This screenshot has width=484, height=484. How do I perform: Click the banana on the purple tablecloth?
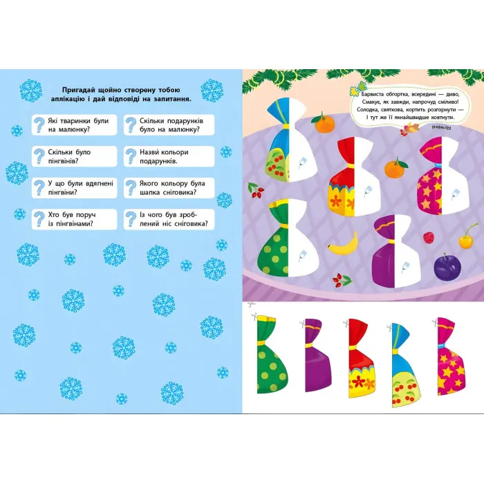pos(343,245)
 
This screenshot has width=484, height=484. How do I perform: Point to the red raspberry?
pos(429,237)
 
